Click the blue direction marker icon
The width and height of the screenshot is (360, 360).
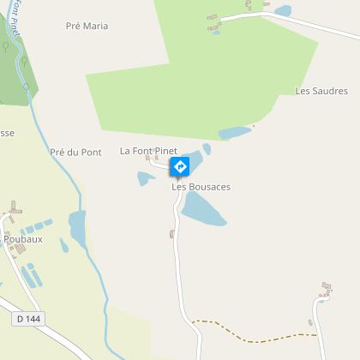(x=181, y=165)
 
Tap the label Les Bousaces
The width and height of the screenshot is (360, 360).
(x=201, y=186)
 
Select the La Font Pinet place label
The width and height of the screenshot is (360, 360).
(x=148, y=151)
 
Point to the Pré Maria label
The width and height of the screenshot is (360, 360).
(x=87, y=26)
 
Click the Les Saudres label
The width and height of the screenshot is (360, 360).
(x=321, y=91)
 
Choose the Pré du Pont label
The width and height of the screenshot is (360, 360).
(x=75, y=152)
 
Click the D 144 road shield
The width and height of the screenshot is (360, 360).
(x=28, y=318)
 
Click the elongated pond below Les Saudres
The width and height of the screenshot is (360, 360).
(x=237, y=133)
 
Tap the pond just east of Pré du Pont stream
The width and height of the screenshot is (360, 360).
(x=77, y=225)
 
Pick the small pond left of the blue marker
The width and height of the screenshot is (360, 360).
(x=143, y=178)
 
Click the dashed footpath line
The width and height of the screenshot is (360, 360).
(x=249, y=331)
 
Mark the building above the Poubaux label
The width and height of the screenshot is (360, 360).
(x=15, y=209)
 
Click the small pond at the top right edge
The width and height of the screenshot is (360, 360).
(x=282, y=11)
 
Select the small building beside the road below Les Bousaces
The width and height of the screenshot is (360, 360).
(x=172, y=233)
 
